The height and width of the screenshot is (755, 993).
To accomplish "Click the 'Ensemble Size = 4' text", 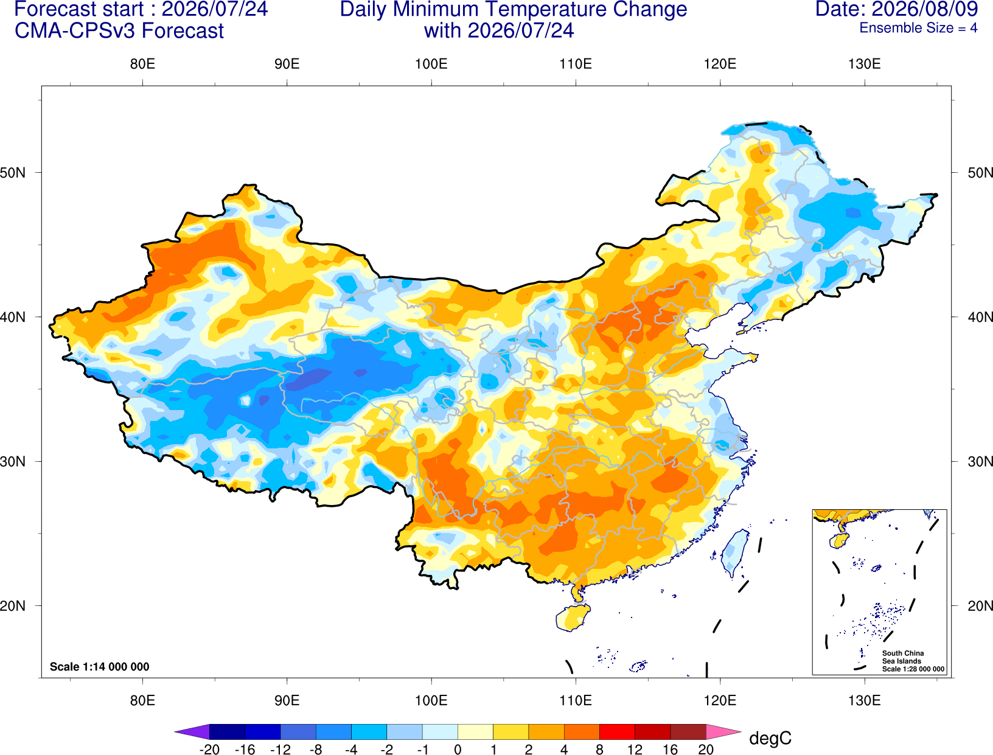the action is [x=918, y=28].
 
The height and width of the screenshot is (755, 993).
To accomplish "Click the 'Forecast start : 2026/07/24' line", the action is [x=141, y=9].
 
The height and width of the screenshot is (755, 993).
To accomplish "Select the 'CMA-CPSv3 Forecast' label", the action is [x=119, y=31].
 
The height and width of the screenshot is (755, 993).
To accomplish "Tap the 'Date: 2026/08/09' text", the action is [x=897, y=9].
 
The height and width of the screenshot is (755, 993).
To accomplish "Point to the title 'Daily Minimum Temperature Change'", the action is [x=514, y=9].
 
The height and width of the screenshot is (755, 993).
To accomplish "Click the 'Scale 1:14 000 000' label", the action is [x=100, y=666].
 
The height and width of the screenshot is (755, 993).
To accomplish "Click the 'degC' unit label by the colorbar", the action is [x=770, y=738].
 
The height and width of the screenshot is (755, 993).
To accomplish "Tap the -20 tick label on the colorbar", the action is [x=209, y=750].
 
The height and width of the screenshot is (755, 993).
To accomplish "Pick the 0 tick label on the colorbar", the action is [x=458, y=750].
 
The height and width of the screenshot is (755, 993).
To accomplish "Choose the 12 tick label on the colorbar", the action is [x=635, y=750].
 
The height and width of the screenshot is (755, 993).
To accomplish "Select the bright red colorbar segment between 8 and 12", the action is [x=617, y=731].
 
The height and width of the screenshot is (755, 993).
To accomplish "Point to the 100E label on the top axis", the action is [x=431, y=64].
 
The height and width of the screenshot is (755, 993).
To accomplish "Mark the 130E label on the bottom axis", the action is [x=865, y=700].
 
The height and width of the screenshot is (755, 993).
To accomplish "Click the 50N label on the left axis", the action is [x=13, y=172].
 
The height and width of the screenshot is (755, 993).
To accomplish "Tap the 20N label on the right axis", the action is [x=980, y=606].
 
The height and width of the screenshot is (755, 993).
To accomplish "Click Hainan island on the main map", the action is [x=573, y=617].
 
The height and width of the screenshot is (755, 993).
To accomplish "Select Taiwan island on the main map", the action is [x=734, y=554].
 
